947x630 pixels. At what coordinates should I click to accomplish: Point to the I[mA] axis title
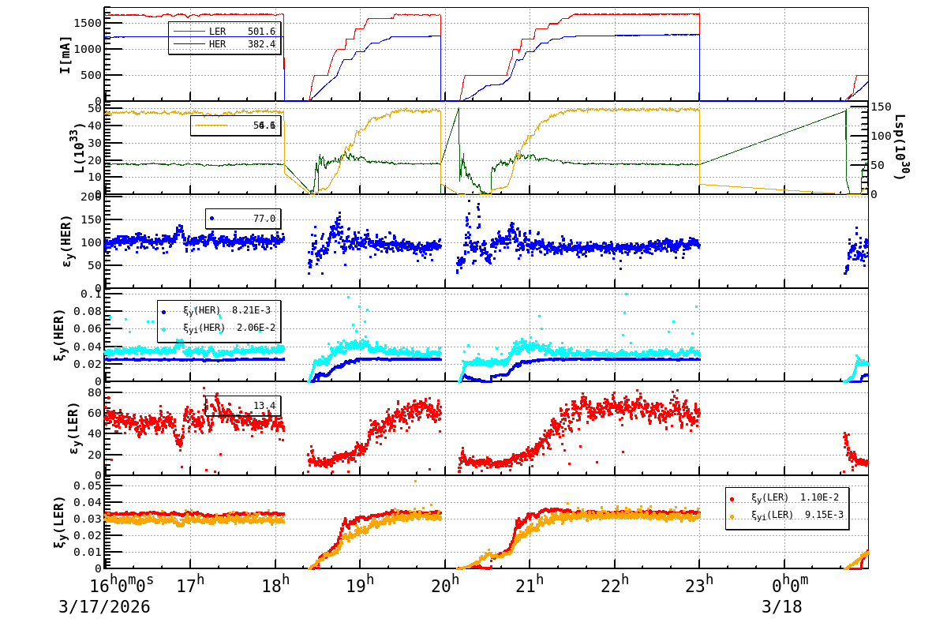point(66,54)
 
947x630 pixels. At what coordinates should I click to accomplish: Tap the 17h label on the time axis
point(190,587)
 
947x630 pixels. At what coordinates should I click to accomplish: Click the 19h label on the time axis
point(360,587)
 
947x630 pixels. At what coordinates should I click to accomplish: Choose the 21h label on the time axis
point(530,587)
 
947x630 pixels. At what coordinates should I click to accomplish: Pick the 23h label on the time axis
point(699,587)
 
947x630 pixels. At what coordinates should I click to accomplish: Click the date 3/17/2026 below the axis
point(104,608)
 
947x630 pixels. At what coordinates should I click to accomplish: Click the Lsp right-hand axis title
point(900,146)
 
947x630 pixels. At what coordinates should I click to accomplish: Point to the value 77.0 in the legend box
point(264,219)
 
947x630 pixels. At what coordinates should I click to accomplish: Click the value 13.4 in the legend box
point(264,406)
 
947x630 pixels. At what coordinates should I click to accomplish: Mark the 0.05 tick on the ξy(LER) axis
point(88,486)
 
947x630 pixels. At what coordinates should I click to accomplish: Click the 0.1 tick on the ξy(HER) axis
point(92,294)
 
